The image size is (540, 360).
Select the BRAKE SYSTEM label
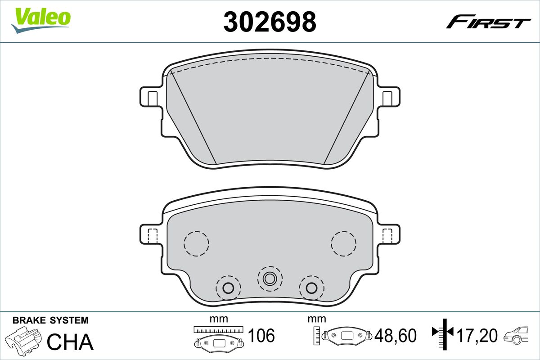click(50, 320)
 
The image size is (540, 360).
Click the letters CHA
click(70, 342)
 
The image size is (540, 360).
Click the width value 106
click(261, 335)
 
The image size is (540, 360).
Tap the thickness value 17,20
click(477, 335)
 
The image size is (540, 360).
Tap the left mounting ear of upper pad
click(150, 97)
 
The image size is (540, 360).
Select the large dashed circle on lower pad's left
click(196, 243)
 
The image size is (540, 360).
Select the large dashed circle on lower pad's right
click(343, 243)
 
